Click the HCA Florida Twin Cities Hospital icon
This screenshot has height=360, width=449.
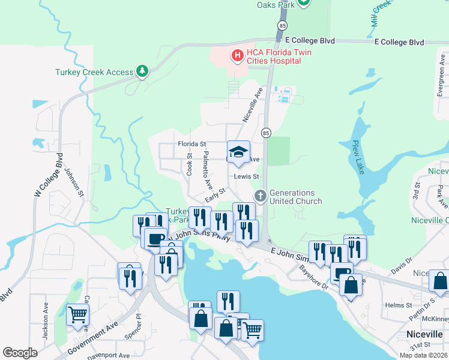click(x=237, y=56)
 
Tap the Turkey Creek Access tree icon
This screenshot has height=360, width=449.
click(x=142, y=72)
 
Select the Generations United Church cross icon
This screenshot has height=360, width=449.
click(x=261, y=196)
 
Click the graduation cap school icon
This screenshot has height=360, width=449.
click(x=238, y=152)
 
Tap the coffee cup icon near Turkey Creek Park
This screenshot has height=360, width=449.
click(x=155, y=238)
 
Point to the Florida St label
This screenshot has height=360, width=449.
click(x=191, y=144)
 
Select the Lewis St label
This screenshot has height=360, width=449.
click(x=246, y=177)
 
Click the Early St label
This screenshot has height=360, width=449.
click(x=214, y=194)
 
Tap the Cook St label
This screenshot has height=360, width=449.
click(x=189, y=164)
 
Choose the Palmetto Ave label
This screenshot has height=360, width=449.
click(x=207, y=167)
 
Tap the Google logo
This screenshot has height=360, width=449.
click(x=20, y=353)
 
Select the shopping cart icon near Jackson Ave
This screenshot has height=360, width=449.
click(x=77, y=314)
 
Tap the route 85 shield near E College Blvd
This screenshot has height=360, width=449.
click(x=282, y=25)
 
